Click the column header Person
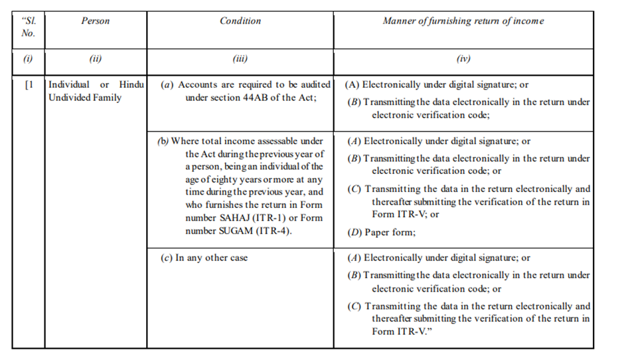click(96, 21)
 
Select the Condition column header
click(240, 21)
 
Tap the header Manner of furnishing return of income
click(463, 21)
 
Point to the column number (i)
click(28, 59)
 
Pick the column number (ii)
click(96, 59)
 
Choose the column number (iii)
click(240, 59)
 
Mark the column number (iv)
click(463, 59)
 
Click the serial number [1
click(29, 86)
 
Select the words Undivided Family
click(85, 98)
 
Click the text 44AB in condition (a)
click(261, 98)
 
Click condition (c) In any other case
click(204, 258)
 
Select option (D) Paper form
click(381, 232)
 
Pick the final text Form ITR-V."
click(399, 331)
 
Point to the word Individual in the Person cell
click(69, 85)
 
